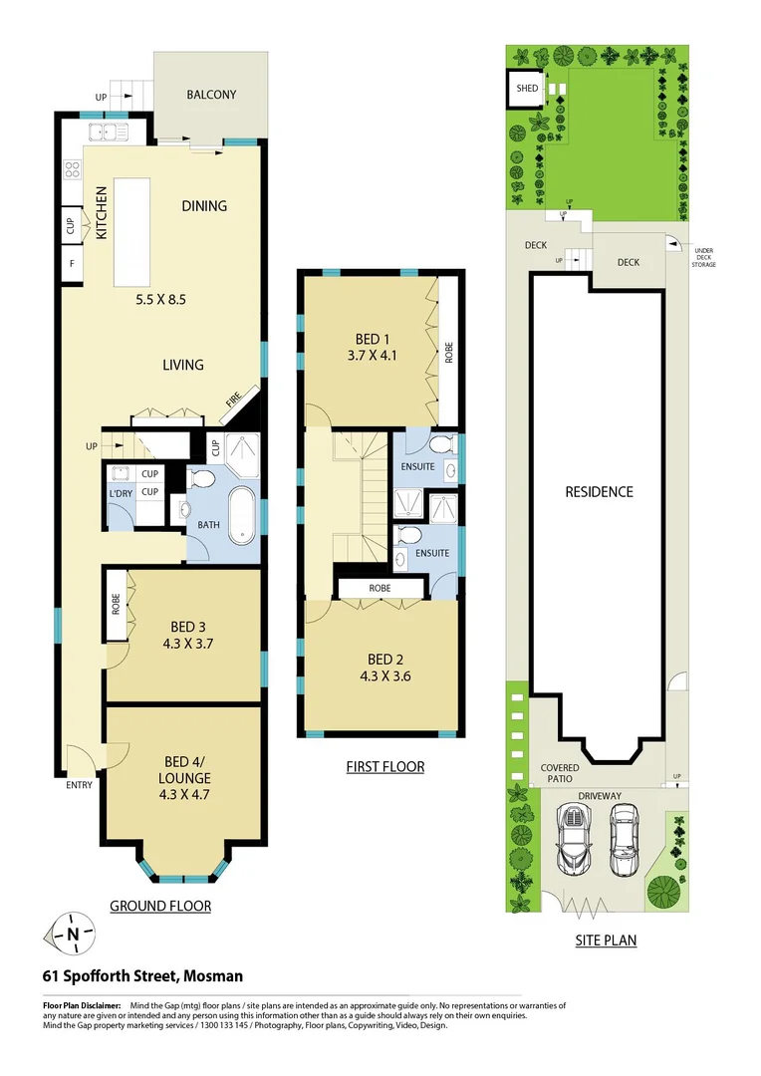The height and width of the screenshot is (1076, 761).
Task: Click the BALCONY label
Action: tap(211, 95)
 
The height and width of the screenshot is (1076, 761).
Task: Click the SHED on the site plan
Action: tap(527, 89)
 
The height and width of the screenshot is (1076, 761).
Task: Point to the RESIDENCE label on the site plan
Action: tap(599, 491)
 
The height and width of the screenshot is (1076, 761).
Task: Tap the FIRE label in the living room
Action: tap(232, 401)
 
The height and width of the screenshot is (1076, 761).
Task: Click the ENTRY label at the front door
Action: tap(79, 785)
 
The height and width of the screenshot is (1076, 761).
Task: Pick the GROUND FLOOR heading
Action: tap(160, 906)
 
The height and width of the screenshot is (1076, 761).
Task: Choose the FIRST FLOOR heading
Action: tap(384, 766)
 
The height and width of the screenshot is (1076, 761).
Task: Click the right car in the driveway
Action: tap(625, 840)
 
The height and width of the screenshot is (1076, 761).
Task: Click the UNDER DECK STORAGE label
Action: tap(704, 258)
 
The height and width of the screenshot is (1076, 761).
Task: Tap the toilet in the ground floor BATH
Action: tap(202, 479)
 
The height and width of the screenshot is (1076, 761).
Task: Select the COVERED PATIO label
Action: tap(559, 774)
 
